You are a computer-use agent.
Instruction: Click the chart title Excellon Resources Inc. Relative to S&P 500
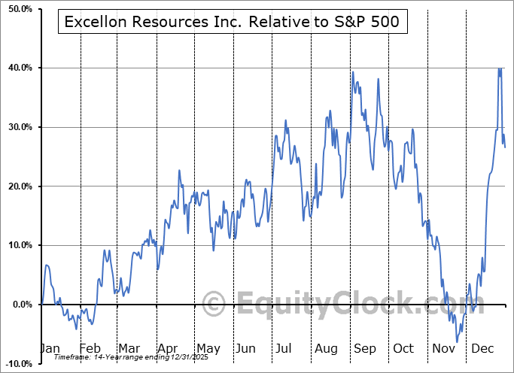click(233, 22)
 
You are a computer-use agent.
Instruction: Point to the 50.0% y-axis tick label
click(17, 8)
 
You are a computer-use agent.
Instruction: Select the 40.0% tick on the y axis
click(17, 68)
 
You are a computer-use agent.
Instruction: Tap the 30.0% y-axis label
click(17, 127)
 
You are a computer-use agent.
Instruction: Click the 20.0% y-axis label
click(17, 186)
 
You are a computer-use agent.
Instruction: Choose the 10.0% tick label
click(17, 245)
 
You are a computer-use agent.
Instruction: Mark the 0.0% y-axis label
click(19, 305)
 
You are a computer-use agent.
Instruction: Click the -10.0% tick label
click(17, 363)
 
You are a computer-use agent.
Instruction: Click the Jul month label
click(284, 349)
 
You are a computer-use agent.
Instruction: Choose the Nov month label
click(443, 349)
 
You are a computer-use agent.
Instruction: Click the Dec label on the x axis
click(481, 349)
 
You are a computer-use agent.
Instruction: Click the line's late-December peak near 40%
click(499, 68)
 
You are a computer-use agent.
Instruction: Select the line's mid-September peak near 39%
click(353, 72)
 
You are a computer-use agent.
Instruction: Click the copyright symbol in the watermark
click(214, 305)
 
